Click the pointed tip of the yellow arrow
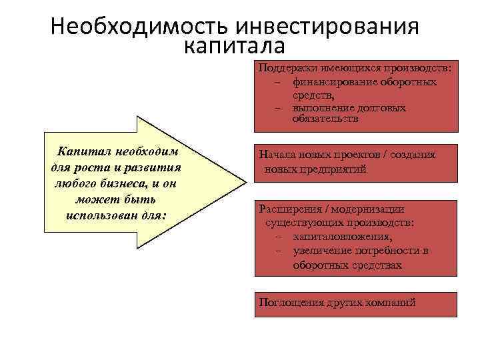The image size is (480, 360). pos(243,182)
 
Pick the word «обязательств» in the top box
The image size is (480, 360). pos(325,119)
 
